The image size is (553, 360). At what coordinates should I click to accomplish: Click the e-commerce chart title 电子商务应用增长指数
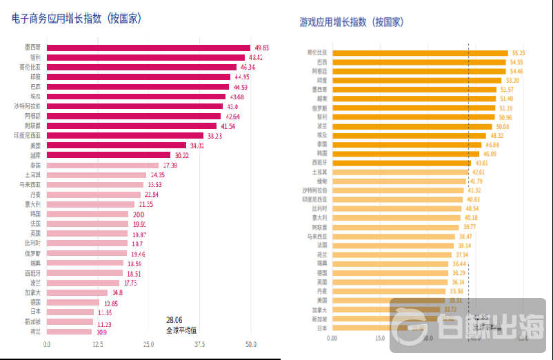tap(77, 19)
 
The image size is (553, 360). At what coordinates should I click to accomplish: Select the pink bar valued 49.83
tap(148, 48)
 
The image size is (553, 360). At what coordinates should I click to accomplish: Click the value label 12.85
tap(111, 303)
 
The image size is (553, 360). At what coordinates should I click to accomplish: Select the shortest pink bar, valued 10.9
tap(69, 332)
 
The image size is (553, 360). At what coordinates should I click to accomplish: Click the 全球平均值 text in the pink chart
tap(181, 330)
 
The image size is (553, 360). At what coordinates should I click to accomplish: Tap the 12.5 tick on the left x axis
tap(98, 344)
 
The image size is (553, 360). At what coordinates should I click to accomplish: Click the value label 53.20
tap(513, 80)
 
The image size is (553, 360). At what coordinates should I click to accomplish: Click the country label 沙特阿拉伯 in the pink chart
tap(27, 106)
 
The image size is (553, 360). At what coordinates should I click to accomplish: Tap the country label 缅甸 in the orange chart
tap(320, 181)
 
